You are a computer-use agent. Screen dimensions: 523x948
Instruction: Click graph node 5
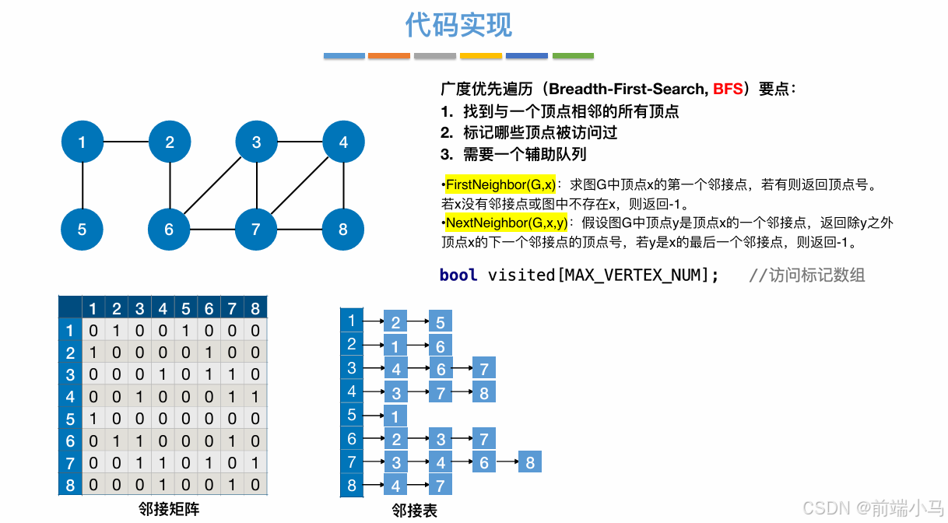coord(82,230)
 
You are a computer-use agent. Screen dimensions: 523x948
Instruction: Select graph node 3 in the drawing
coord(257,142)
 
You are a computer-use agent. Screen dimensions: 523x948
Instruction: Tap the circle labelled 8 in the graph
coord(343,230)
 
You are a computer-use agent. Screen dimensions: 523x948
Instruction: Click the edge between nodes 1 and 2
coord(125,142)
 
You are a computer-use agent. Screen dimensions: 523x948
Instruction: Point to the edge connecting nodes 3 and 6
coord(212,186)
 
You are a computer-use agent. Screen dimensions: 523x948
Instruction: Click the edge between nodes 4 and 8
coord(343,186)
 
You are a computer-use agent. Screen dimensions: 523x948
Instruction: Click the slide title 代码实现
coord(458,25)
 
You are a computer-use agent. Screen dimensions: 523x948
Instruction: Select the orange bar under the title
coord(389,56)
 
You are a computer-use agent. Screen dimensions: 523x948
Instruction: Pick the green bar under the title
coord(573,56)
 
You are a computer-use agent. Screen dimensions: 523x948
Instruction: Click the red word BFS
coord(728,89)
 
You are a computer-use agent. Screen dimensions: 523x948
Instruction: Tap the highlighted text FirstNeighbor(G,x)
coord(500,185)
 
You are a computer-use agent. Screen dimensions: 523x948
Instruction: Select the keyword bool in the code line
coord(458,275)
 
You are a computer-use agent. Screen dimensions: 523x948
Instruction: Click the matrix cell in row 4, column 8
coord(255,397)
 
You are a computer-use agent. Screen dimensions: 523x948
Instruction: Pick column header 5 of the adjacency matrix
coord(185,308)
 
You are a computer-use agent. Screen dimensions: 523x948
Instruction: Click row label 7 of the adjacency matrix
coord(70,463)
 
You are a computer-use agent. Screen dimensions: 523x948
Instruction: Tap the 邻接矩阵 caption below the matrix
coord(169,509)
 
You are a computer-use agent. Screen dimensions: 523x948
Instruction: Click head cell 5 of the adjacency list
coord(352,416)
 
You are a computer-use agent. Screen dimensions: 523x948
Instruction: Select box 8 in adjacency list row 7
coord(529,463)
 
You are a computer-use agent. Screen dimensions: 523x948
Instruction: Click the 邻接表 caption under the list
coord(414,511)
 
